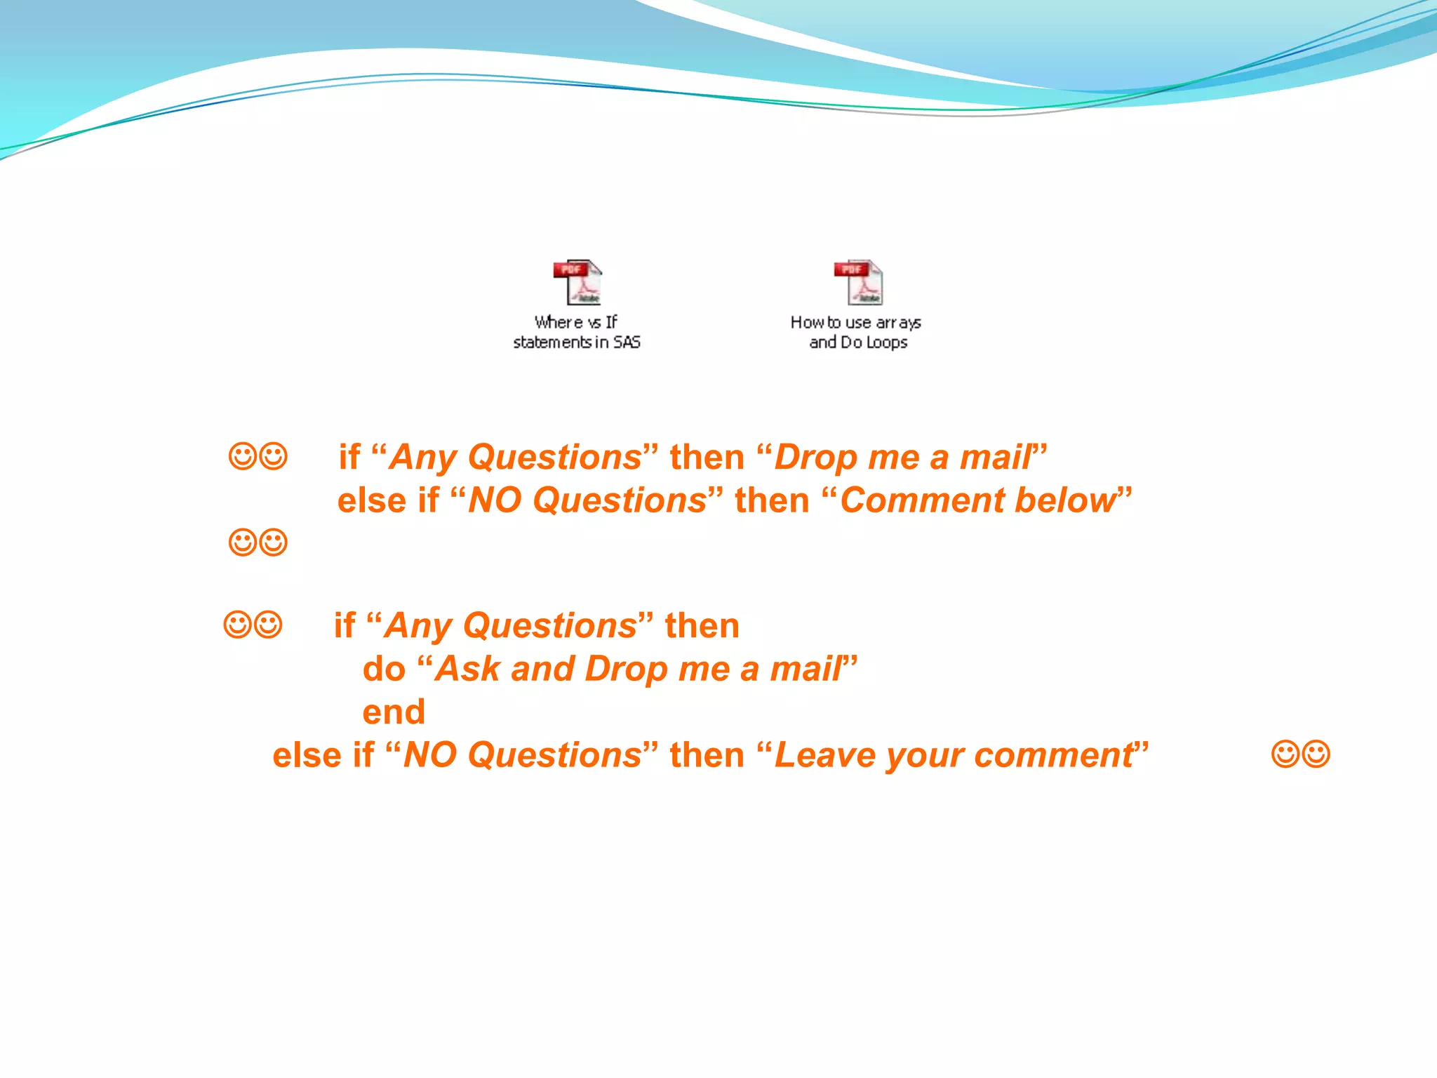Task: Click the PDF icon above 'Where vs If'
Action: point(577,282)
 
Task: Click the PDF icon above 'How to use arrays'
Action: point(858,282)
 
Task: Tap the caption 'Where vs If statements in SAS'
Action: point(577,332)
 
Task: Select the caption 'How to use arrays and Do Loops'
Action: point(856,332)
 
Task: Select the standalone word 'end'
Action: point(394,712)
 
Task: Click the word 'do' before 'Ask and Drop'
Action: point(384,669)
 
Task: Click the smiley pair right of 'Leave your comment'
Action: point(1300,754)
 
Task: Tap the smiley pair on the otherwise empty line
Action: point(258,543)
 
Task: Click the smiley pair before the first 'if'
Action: point(258,457)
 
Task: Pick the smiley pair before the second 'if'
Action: point(253,625)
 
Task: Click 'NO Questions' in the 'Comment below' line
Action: point(587,501)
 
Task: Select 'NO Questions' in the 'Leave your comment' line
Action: point(522,756)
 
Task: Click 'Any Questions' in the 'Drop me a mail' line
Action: point(516,458)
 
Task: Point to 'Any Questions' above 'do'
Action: point(511,626)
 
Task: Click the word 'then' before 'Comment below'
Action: point(772,501)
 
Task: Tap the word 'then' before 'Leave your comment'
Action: point(707,756)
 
